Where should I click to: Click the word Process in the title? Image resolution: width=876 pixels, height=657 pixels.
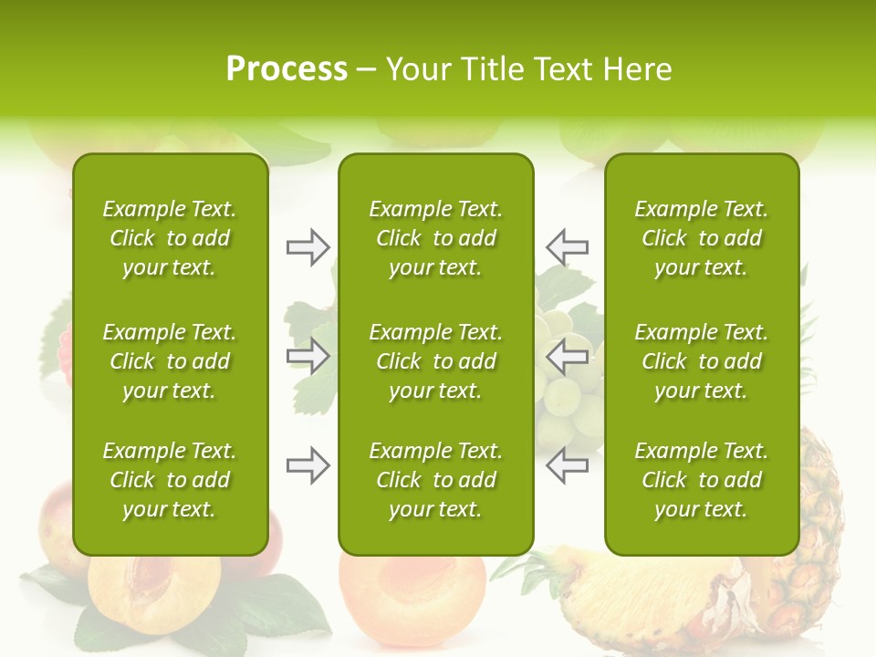pos(287,69)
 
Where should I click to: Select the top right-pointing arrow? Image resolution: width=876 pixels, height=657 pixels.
pos(308,247)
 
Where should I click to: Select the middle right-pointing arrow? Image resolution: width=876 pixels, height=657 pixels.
pos(308,356)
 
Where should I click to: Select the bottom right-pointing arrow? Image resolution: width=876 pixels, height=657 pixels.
pos(308,466)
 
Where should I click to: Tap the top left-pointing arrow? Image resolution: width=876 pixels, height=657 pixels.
pos(567,247)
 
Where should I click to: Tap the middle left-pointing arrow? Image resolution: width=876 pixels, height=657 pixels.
pos(567,356)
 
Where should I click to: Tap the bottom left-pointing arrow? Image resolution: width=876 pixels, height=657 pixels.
pos(567,466)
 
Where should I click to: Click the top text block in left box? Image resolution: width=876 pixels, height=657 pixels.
pos(170,238)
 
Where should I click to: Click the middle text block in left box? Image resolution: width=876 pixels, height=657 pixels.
pos(170,361)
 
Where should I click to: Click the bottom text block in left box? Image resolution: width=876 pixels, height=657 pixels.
pos(170,480)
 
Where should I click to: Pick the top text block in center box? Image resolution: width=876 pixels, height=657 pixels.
pos(435,238)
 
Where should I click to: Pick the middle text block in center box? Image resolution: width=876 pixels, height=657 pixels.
pos(435,361)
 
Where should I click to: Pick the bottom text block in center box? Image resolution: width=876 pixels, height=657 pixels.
pos(435,480)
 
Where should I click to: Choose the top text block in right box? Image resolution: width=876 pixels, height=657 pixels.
pos(701,238)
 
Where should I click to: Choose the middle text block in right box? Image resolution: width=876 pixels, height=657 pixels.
pos(701,361)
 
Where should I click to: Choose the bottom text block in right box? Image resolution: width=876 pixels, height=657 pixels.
pos(701,480)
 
